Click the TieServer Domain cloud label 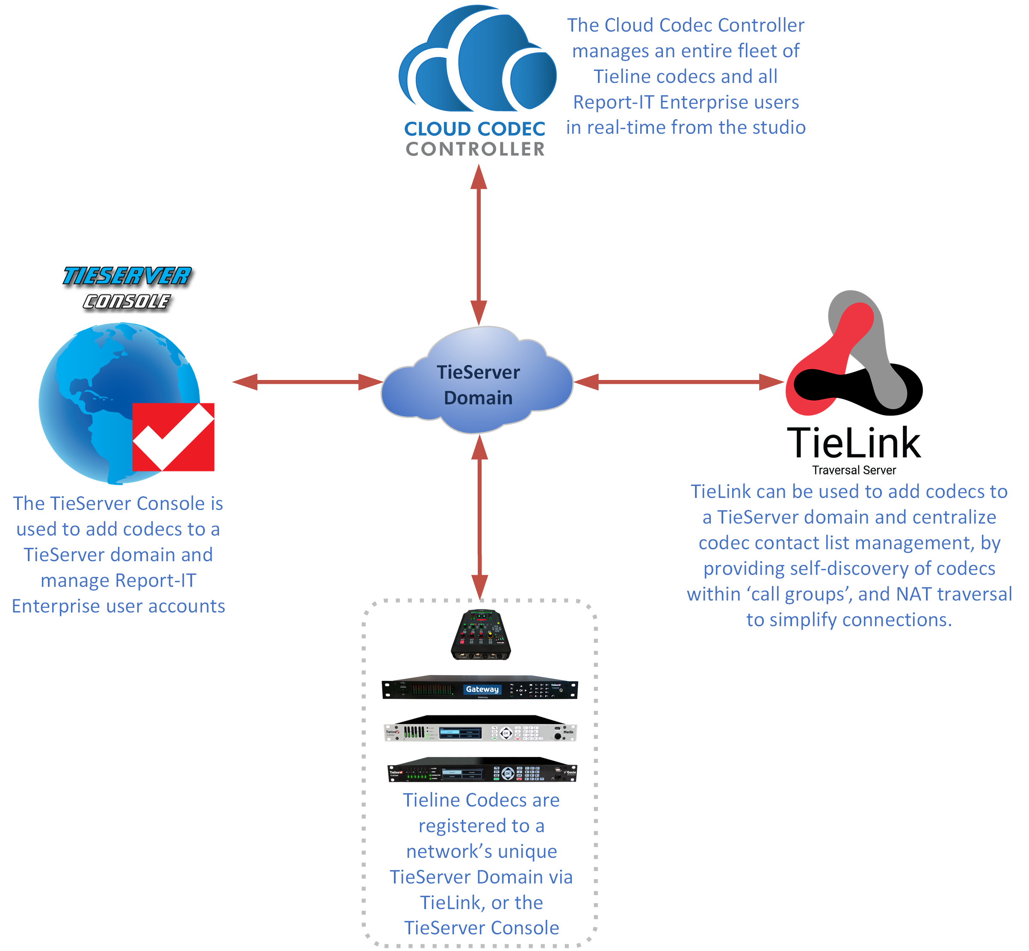click(x=478, y=385)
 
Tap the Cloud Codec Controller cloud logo click(x=477, y=59)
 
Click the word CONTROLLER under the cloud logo click(x=475, y=149)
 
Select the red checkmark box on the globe click(x=173, y=437)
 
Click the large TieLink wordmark click(x=853, y=442)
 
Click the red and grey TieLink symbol click(x=853, y=355)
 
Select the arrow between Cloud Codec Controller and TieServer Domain click(x=479, y=244)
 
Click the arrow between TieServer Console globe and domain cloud click(x=308, y=382)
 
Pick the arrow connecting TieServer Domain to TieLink click(x=678, y=382)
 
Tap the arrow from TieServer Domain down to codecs click(x=479, y=517)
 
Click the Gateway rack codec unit click(x=479, y=688)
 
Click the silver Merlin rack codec click(x=480, y=730)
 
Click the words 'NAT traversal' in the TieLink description click(x=953, y=594)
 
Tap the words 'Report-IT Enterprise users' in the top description click(x=686, y=102)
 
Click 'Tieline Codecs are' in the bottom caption click(x=481, y=800)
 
